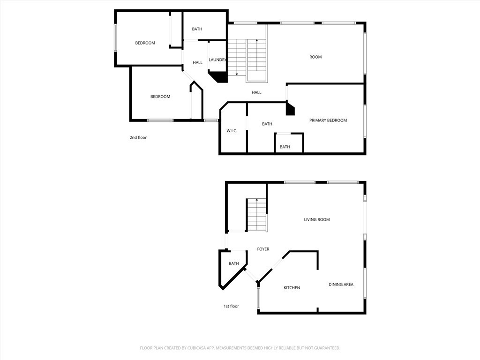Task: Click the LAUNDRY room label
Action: click(217, 60)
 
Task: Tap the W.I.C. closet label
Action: click(232, 131)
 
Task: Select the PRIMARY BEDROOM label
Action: click(328, 120)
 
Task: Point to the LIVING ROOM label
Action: click(317, 219)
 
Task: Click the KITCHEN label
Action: click(292, 288)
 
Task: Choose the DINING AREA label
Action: click(341, 285)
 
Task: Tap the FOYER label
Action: click(263, 249)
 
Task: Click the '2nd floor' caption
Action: click(138, 137)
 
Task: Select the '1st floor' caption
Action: click(231, 306)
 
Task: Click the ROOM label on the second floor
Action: click(315, 57)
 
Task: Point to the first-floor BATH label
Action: click(234, 263)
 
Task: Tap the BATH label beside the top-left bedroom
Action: click(197, 29)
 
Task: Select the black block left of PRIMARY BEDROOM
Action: click(290, 109)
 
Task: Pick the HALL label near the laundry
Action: click(198, 62)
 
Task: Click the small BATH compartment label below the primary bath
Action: click(285, 147)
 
